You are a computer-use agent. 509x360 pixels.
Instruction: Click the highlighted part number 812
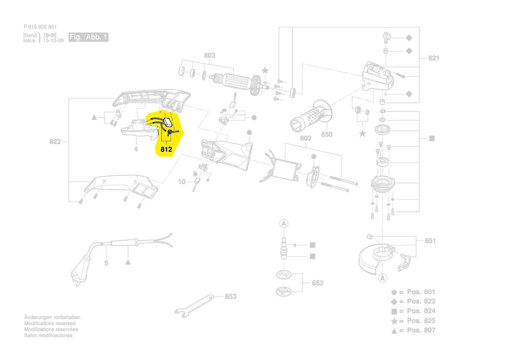pos(166,149)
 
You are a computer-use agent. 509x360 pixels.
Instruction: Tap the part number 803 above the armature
pos(210,56)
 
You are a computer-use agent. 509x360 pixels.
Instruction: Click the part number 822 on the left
pos(54,142)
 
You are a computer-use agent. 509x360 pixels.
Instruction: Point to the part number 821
pos(434,58)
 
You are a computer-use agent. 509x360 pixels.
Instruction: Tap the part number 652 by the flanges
pos(318,283)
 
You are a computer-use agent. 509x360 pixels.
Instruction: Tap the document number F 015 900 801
pos(40,27)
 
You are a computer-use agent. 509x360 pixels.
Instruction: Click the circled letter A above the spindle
pos(284,224)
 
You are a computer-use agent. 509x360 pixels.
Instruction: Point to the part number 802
pos(305,139)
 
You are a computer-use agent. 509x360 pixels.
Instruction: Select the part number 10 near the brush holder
pos(182,181)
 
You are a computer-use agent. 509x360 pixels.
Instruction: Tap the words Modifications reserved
pos(50,323)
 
